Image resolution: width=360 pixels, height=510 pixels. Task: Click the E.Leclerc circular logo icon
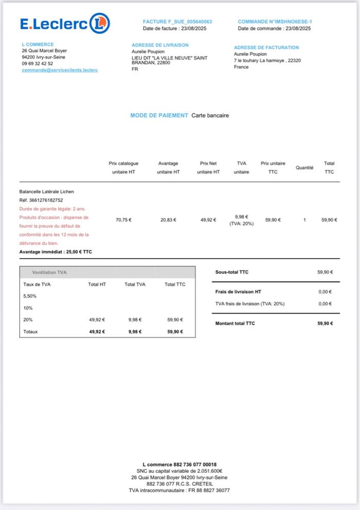pos(99,23)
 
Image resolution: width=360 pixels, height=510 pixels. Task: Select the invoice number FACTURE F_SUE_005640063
pos(177,22)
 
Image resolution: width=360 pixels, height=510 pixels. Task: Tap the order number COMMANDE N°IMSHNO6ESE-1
pos(275,22)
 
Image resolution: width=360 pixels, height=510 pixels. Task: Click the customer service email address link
pos(60,70)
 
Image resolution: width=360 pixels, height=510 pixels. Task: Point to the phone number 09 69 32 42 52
pos(37,64)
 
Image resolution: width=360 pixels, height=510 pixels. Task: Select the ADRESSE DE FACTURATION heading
pos(266,47)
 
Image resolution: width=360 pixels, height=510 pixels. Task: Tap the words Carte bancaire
pos(210,116)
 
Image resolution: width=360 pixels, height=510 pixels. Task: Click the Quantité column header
pos(304,168)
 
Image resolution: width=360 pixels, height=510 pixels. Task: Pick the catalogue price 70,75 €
pos(123,220)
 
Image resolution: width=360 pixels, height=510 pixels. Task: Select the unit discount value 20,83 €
pos(168,220)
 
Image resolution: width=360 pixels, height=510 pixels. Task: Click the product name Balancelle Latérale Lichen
pos(46,192)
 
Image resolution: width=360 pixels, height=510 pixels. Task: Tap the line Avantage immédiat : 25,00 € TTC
pos(56,252)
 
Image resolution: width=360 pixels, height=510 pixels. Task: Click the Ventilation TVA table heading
pos(49,272)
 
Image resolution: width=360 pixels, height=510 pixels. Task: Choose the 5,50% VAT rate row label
pos(30,296)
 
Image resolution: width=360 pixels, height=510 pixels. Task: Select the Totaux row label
pos(31,332)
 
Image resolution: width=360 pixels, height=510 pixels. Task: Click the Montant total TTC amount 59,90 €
pos(325,323)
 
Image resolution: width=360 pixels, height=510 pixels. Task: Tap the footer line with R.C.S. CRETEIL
pos(179,484)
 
